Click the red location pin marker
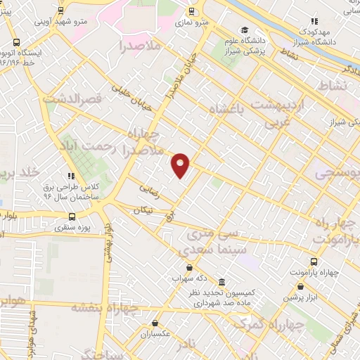[x=181, y=165]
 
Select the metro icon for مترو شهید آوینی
[x=61, y=11]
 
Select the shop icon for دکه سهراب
[x=189, y=267]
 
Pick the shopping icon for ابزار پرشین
[x=301, y=286]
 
